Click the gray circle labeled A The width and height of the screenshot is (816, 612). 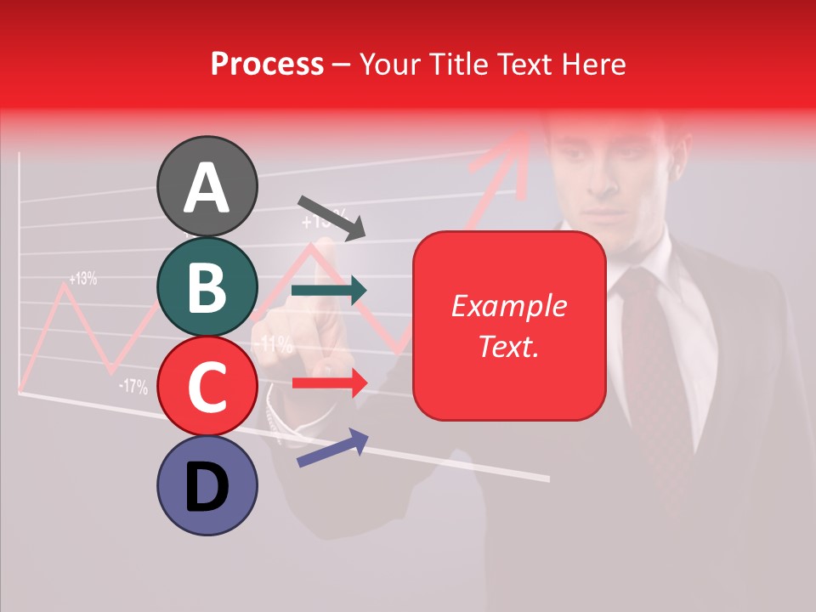click(x=207, y=186)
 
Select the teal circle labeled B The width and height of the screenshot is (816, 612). click(x=207, y=286)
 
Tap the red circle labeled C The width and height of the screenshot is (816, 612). click(x=207, y=386)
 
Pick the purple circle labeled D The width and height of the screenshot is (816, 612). click(x=207, y=485)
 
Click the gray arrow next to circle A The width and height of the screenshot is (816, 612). click(x=331, y=218)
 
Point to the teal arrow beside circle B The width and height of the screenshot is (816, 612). click(x=329, y=290)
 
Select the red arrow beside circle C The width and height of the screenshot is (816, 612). click(x=329, y=382)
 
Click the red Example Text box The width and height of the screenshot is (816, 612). click(x=509, y=326)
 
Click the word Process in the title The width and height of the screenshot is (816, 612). click(x=267, y=64)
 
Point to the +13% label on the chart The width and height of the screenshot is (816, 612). click(x=82, y=278)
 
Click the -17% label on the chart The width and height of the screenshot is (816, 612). click(x=133, y=388)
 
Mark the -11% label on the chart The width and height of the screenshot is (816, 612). click(x=274, y=344)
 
